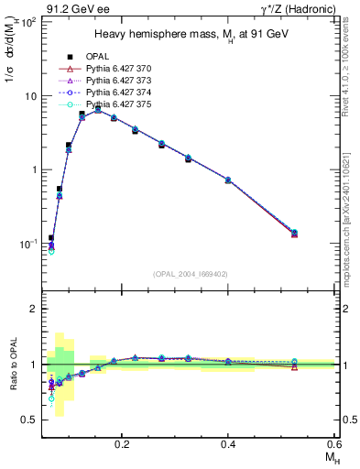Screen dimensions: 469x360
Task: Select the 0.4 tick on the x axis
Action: [228, 442]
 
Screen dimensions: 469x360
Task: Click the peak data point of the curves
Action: [98, 110]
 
